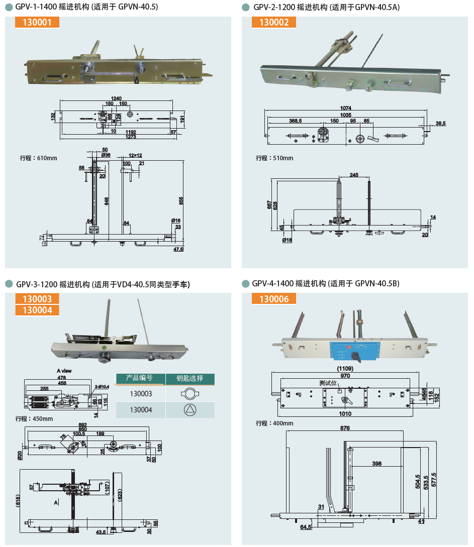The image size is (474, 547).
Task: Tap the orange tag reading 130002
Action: tap(274, 22)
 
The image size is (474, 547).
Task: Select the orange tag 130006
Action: tap(274, 299)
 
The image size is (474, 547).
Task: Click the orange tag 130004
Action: tap(37, 310)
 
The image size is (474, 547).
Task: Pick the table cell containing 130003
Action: tap(141, 394)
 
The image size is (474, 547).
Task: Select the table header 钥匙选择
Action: tap(190, 378)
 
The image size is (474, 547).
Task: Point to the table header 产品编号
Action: tap(141, 378)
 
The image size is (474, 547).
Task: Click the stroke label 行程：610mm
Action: tap(39, 158)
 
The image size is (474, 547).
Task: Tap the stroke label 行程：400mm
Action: tap(274, 423)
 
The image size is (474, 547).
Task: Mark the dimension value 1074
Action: tap(345, 108)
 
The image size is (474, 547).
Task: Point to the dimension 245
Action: tap(354, 175)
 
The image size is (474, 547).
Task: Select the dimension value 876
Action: tap(345, 428)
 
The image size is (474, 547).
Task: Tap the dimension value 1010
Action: tap(345, 414)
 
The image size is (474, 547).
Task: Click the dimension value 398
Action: tap(376, 464)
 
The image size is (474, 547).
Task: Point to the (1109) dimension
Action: tap(345, 368)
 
